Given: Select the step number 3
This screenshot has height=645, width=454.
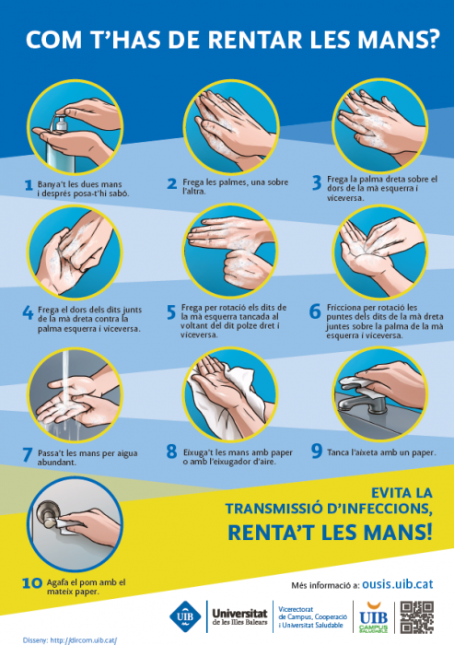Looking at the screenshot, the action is click(317, 182).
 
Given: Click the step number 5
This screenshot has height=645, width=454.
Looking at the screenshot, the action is click(171, 312).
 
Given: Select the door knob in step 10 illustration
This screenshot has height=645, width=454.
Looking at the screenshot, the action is click(46, 515).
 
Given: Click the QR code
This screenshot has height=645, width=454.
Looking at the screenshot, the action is click(417, 617).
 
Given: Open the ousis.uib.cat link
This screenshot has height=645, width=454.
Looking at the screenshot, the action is click(397, 584).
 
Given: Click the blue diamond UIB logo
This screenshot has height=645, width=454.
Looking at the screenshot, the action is click(185, 616).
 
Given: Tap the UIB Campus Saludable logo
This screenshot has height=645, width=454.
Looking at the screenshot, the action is click(373, 617).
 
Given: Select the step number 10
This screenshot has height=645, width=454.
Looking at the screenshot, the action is click(32, 583).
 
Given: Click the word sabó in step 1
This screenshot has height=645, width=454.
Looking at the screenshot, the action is click(119, 193).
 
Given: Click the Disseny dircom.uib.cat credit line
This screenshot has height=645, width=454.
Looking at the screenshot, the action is click(70, 640).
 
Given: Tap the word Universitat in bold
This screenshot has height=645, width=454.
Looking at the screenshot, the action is click(239, 614).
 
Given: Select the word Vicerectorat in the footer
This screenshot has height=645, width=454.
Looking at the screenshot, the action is click(296, 609).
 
